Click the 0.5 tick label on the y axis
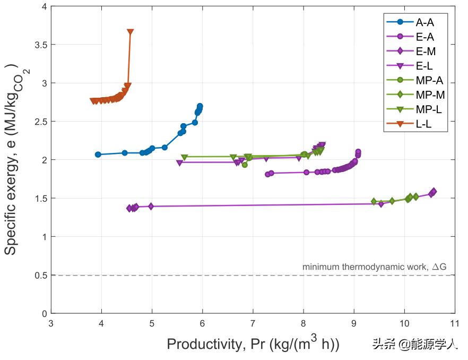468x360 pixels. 40,275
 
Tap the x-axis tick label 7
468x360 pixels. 253,323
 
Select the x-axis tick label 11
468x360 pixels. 454,323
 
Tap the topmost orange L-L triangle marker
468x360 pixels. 131,32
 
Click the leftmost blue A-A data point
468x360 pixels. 98,155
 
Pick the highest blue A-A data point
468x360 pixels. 200,106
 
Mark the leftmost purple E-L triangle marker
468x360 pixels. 179,163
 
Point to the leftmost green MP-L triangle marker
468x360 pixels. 184,157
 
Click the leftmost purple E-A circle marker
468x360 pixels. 267,174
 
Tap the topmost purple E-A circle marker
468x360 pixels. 358,152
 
